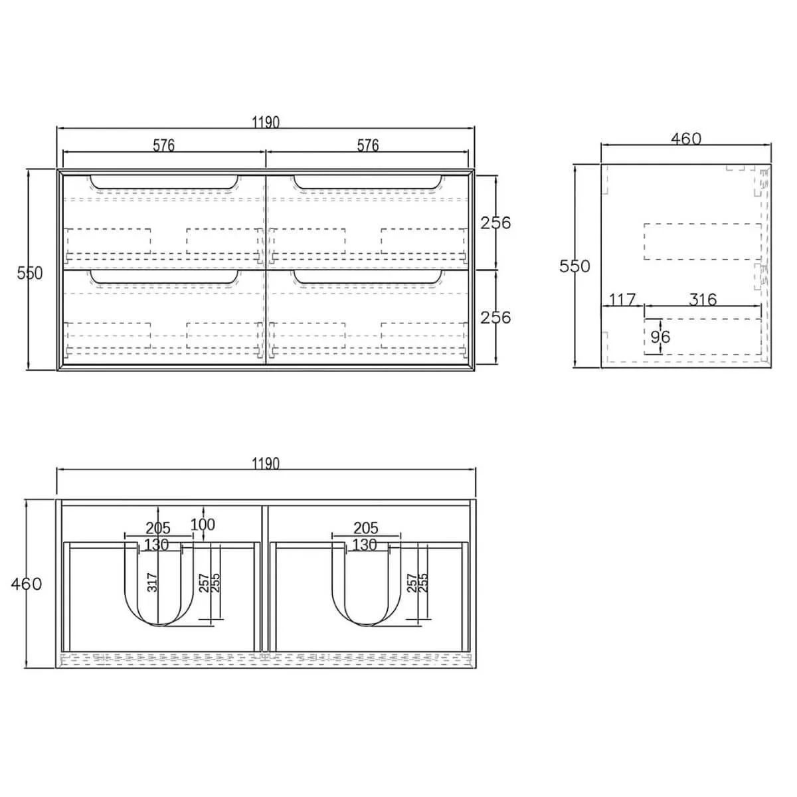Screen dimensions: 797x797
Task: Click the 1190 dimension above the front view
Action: pos(266,122)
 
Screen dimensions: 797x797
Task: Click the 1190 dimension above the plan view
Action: pos(266,463)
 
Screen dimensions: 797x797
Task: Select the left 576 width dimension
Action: pos(163,145)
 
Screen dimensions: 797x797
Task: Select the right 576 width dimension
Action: pos(368,145)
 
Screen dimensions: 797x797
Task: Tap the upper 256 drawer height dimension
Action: pos(496,222)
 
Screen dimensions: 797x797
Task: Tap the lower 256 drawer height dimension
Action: pos(496,317)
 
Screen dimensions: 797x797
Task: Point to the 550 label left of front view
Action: pos(30,273)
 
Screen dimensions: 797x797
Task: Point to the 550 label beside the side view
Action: pos(575,266)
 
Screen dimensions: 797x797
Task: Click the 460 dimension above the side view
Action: pos(685,139)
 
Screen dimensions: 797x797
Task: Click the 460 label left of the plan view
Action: pos(27,584)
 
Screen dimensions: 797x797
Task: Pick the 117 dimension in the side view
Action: pos(622,300)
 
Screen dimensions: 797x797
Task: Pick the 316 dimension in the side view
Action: pos(702,300)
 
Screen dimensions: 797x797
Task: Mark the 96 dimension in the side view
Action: pos(660,337)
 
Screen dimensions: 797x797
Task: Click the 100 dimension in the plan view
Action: pos(203,525)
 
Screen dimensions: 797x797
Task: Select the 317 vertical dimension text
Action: pos(152,582)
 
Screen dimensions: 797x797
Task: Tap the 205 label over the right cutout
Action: pos(365,528)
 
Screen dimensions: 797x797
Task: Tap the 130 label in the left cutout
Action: pos(157,545)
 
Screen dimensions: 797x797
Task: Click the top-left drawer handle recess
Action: pos(164,182)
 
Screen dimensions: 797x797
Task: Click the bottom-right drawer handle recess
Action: pos(368,277)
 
